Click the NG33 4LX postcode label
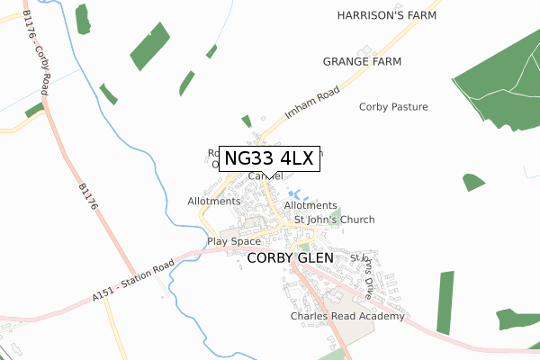[x=268, y=158]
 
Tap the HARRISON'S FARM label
[x=386, y=16]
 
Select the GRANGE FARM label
[x=361, y=61]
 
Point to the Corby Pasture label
[x=393, y=107]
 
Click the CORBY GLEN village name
[x=290, y=257]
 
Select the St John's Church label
[x=335, y=220]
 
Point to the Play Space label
[x=233, y=241]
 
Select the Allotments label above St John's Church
[x=310, y=206]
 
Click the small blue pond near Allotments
[x=293, y=193]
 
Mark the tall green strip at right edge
[x=445, y=301]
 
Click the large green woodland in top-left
[x=150, y=46]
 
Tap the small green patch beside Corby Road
[x=34, y=110]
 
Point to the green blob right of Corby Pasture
[x=473, y=183]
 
